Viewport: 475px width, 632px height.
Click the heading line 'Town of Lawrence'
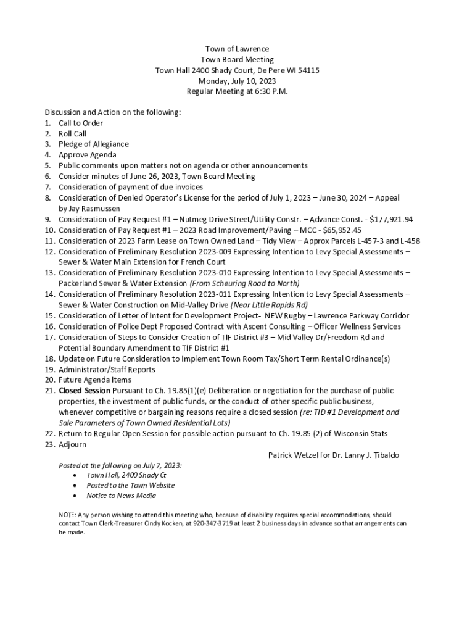(237, 49)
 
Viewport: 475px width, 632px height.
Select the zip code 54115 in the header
(308, 70)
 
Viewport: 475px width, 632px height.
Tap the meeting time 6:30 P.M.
(268, 91)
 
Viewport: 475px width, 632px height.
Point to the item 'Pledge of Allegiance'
(94, 144)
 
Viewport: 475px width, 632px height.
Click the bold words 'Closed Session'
(85, 391)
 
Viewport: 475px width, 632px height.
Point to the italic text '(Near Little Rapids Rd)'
(269, 305)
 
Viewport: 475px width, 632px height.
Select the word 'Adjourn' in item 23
(72, 444)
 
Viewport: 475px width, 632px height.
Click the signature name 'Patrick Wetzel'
(295, 455)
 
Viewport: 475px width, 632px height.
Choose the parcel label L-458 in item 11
(408, 241)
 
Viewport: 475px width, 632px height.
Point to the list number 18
(49, 359)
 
